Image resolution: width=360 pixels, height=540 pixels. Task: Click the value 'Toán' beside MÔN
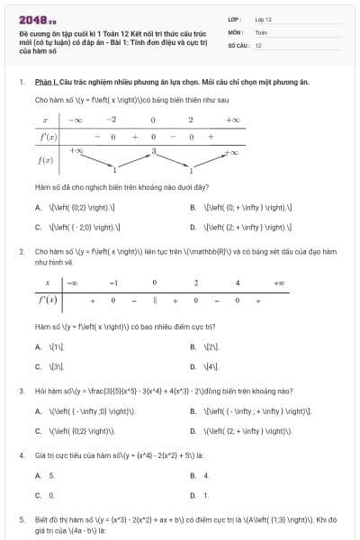coord(261,31)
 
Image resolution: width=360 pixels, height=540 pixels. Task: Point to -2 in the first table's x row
coord(111,120)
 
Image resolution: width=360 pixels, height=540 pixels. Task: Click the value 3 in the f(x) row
coord(154,150)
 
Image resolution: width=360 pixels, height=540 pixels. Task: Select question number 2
coord(21,253)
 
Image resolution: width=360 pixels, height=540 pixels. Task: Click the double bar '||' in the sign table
coord(155,299)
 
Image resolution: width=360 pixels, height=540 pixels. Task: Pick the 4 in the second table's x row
coord(237,283)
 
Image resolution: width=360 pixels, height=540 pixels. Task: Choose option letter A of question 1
coord(38,207)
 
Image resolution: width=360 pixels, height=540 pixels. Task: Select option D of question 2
coord(193,367)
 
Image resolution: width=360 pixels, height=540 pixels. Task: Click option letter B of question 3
coord(193,411)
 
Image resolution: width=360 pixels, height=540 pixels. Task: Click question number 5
coord(21,519)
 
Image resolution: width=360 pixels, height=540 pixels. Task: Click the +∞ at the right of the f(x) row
coord(231,152)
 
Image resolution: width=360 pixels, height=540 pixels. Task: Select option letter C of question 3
coord(38,431)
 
